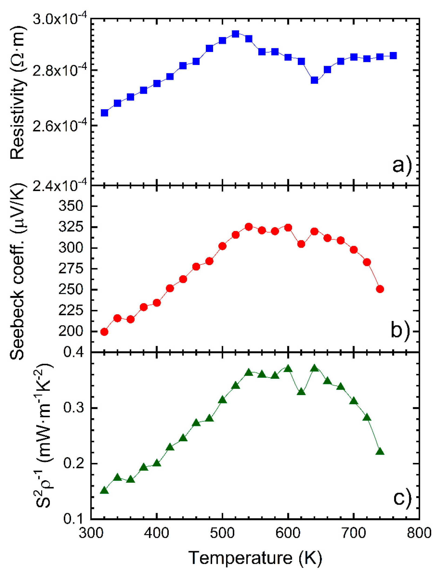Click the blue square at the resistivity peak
[235, 34]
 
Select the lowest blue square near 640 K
[314, 80]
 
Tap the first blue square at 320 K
[104, 113]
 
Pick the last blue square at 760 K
[393, 55]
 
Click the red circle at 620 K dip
[301, 244]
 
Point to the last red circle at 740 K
[380, 289]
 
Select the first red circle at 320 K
[104, 332]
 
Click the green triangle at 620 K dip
[301, 392]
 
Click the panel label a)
[402, 165]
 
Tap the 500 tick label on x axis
[222, 533]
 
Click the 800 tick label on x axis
[419, 533]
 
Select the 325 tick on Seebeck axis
[71, 227]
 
